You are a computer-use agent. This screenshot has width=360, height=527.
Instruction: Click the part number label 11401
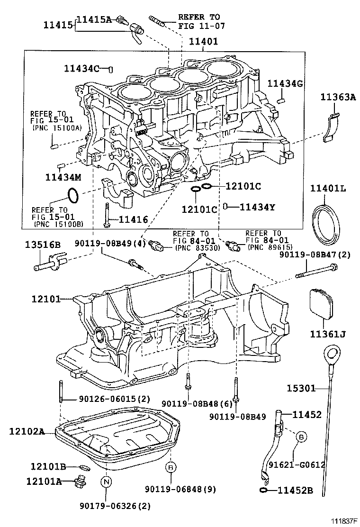(x=204, y=42)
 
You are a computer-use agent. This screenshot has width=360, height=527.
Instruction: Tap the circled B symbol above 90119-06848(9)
(x=171, y=467)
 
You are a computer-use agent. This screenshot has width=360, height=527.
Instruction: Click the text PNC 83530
(x=195, y=248)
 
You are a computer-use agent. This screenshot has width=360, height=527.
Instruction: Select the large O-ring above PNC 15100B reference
(x=72, y=194)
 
